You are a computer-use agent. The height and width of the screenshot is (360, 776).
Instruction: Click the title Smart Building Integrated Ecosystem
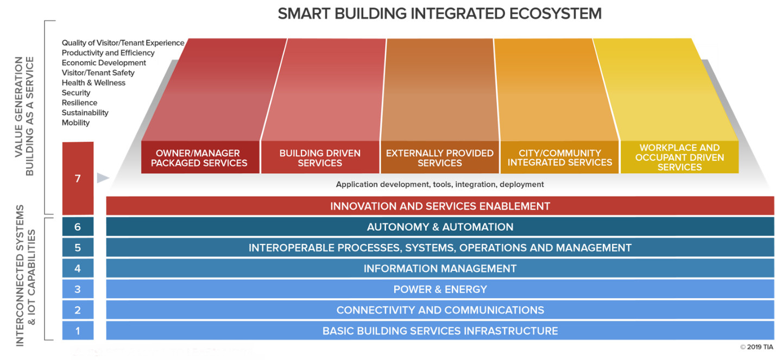[x=440, y=14]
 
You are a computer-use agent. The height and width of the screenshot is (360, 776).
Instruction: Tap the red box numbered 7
[x=78, y=178]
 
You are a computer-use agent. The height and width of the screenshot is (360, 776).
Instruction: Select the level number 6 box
[x=78, y=226]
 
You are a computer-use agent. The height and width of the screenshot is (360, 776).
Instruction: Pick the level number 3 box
[x=78, y=289]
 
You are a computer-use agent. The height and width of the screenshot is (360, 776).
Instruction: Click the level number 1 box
[x=78, y=331]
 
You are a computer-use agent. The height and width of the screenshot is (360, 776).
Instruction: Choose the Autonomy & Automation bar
[x=440, y=226]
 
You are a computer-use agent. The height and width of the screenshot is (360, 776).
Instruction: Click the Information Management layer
[x=440, y=268]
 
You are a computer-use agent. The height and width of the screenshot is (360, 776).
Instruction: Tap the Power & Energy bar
[x=440, y=289]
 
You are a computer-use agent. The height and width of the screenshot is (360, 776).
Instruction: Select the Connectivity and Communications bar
[x=440, y=310]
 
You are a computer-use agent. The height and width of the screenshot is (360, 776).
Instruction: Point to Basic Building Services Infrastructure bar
[x=440, y=331]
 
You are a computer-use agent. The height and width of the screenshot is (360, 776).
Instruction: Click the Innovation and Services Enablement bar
[x=440, y=206]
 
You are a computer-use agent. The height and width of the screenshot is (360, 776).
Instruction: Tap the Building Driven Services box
[x=320, y=157]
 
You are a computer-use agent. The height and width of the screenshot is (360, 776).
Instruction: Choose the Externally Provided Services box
[x=440, y=157]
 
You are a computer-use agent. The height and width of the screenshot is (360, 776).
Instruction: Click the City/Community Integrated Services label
[x=559, y=157]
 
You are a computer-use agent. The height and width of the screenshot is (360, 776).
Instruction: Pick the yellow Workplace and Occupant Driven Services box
[x=679, y=157]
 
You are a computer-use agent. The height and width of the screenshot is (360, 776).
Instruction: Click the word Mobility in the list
[x=75, y=123]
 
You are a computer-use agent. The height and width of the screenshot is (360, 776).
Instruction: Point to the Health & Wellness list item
[x=93, y=83]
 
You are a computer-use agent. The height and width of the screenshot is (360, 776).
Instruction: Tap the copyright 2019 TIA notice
[x=756, y=347]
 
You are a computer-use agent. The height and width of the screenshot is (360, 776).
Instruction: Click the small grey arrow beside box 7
[x=103, y=178]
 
